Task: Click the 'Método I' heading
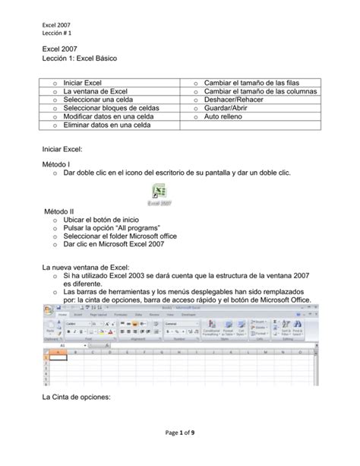coord(58,163)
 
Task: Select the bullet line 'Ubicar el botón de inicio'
coord(109,219)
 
